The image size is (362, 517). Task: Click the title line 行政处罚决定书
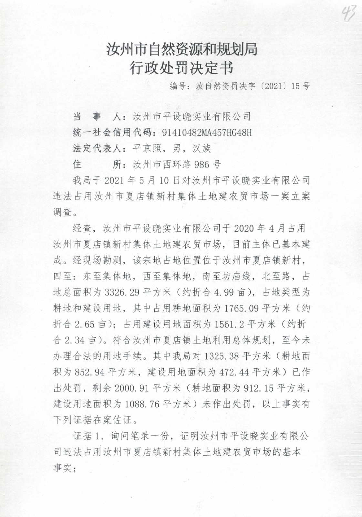click(x=181, y=68)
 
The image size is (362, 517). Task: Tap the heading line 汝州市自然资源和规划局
click(x=182, y=49)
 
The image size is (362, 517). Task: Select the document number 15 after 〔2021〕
click(x=295, y=86)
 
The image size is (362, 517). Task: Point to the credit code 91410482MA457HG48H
click(x=207, y=132)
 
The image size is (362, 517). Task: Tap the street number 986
click(x=202, y=164)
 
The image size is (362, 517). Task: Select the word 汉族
click(x=202, y=148)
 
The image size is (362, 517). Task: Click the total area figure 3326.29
click(x=122, y=292)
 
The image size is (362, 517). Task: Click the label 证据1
click(x=88, y=436)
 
